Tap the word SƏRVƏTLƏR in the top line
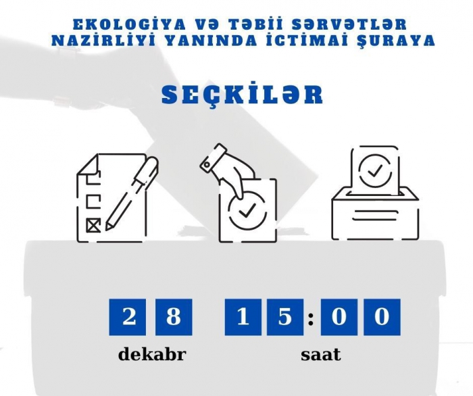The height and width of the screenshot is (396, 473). coord(349,25)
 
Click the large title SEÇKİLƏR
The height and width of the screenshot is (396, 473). coord(242,94)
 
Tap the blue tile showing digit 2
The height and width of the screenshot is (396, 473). coord(127,317)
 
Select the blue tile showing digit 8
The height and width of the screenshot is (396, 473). coord(174,317)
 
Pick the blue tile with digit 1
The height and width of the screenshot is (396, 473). coord(243,317)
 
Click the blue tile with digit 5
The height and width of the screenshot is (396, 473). coord(285,317)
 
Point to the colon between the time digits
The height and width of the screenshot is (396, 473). coord(311,318)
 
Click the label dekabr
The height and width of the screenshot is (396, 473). coord(152,354)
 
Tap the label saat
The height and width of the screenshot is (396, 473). coord(321,355)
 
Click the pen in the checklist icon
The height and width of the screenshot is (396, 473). coord(132,193)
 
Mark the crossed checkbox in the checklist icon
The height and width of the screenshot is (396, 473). coord(93,225)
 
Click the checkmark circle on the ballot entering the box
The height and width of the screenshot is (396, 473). coord(375,170)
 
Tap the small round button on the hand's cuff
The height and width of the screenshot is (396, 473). coord(207,165)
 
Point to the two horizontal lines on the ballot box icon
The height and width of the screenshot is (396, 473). coord(374,215)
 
